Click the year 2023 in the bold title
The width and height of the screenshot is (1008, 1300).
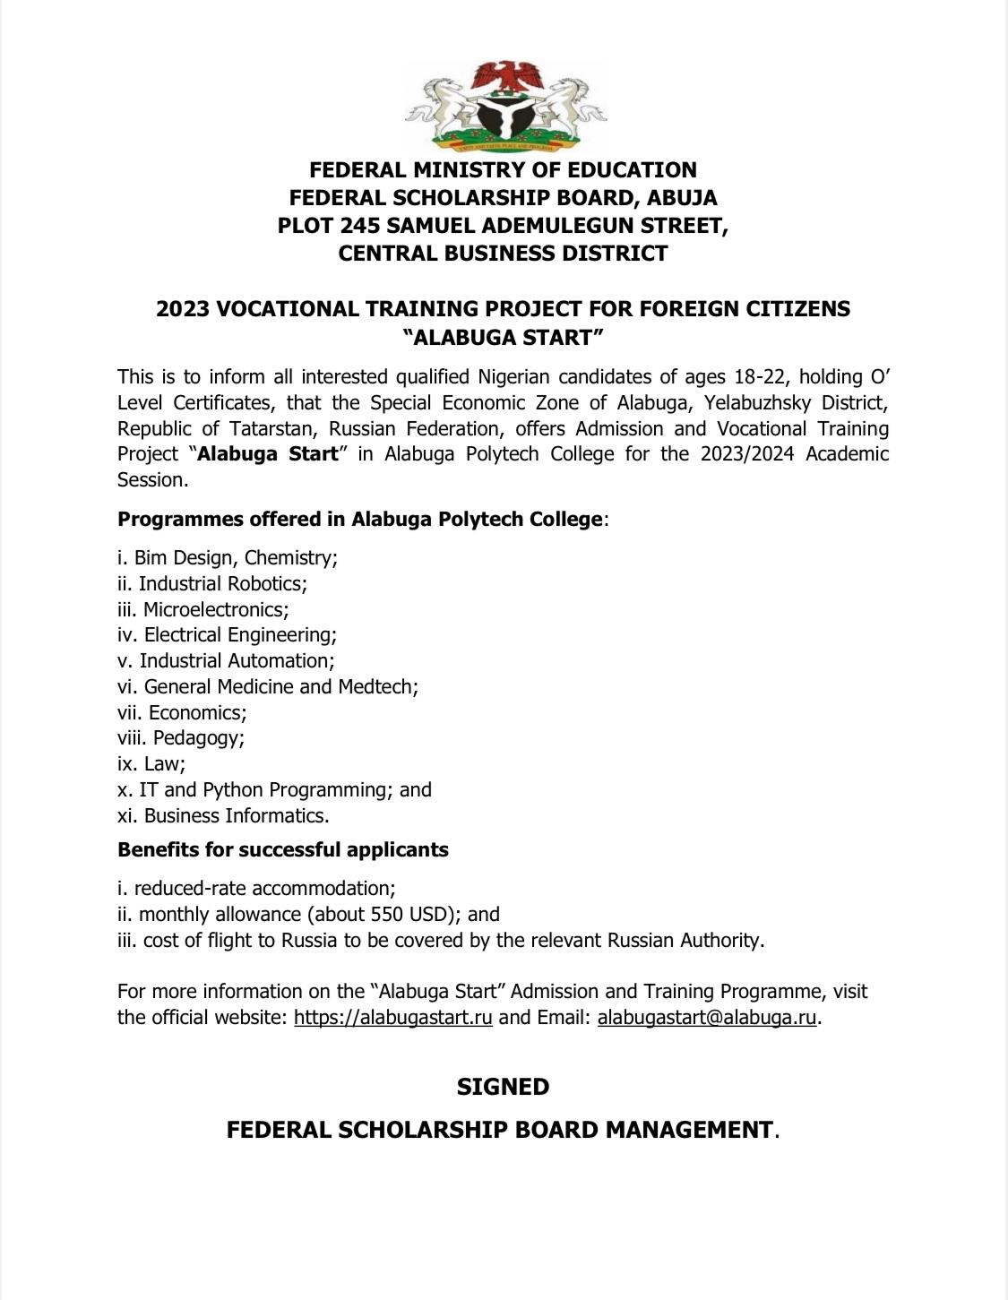tap(183, 309)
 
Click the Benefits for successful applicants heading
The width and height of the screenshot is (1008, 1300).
tap(283, 849)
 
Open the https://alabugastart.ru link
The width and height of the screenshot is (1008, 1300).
tap(393, 1018)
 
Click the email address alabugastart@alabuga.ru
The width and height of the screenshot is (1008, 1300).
tap(707, 1018)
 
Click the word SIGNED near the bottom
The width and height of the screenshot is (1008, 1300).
tap(503, 1087)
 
